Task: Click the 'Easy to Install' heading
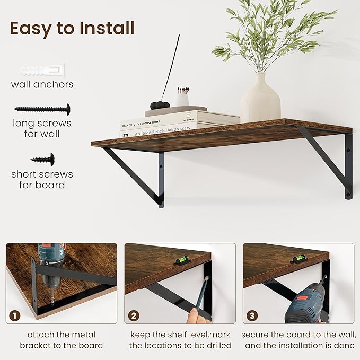coord(72,28)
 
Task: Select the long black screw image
coord(42,110)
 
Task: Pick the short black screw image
coord(42,159)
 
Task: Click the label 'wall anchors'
coord(42,84)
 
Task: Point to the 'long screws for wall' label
coord(42,129)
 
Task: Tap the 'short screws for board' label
coord(42,179)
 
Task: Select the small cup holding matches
coord(182,99)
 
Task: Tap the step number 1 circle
coord(15,317)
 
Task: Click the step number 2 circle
coord(134,317)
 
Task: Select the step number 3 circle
coord(252,317)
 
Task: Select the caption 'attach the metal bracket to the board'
coord(62,340)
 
